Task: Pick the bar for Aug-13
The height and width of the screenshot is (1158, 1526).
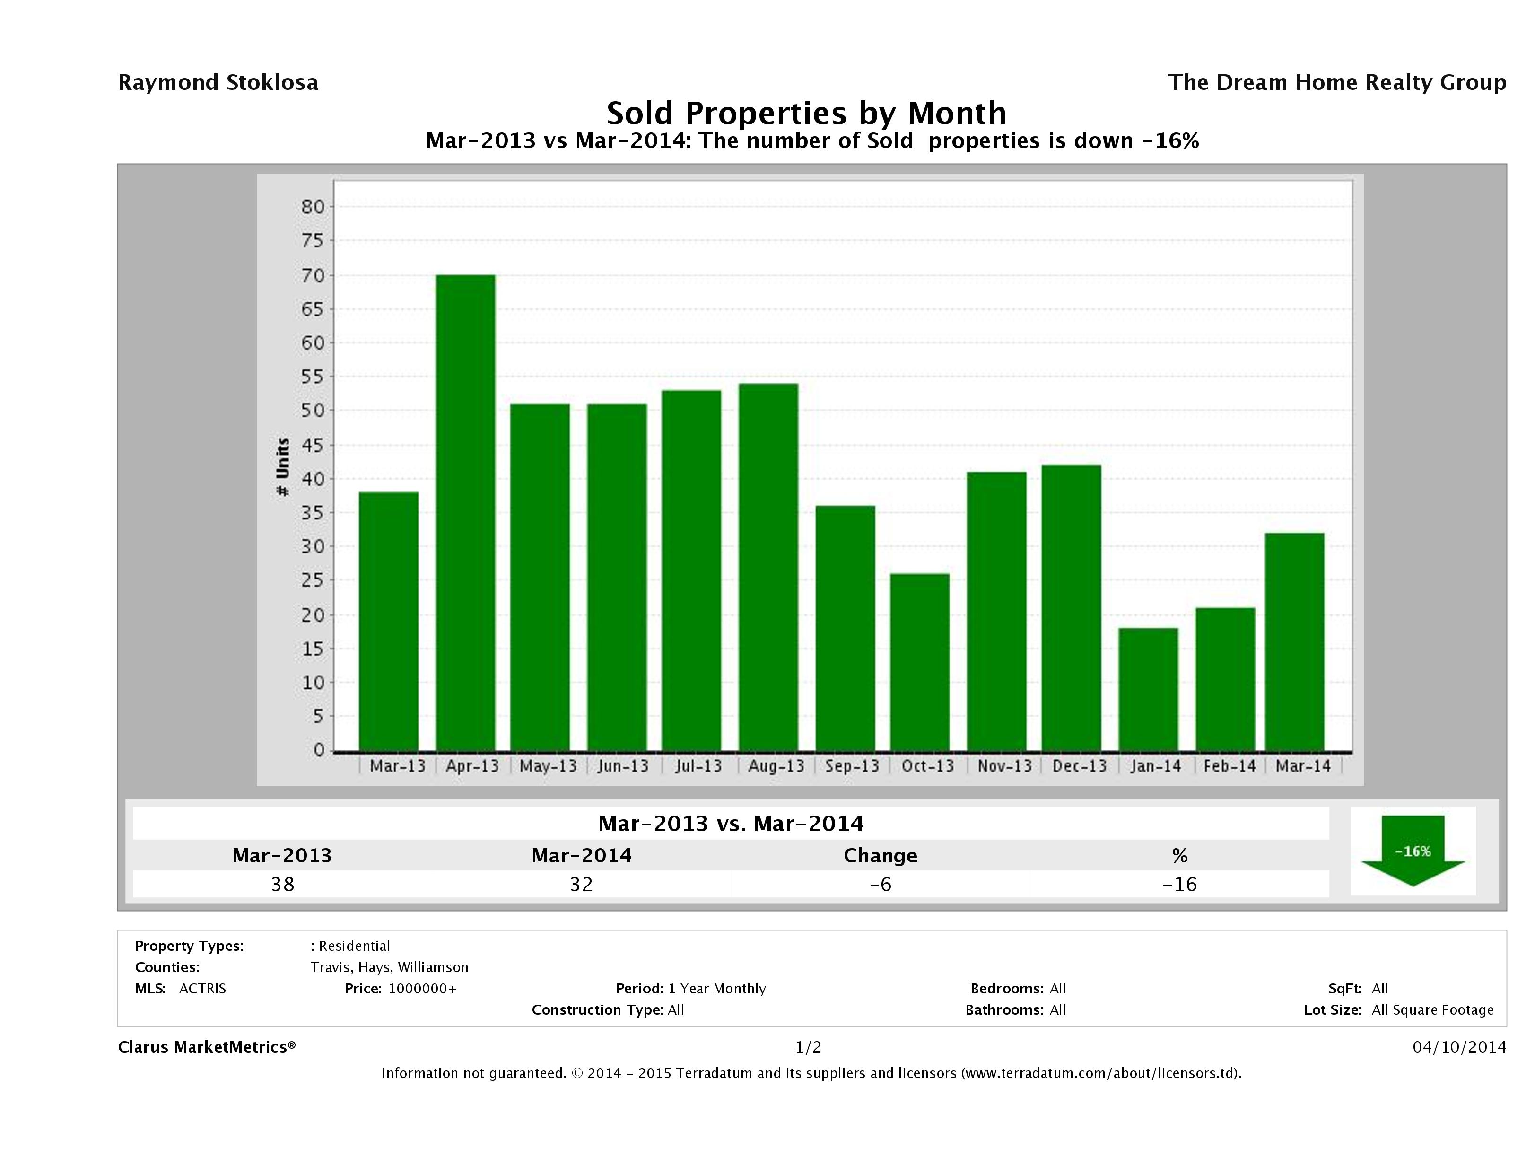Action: click(768, 567)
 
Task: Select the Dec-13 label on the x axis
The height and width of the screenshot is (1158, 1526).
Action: click(1079, 766)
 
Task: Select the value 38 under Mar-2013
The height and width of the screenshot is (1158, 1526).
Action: click(283, 884)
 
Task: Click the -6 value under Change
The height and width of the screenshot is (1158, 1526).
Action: click(881, 884)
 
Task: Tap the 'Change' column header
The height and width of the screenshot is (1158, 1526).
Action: click(881, 856)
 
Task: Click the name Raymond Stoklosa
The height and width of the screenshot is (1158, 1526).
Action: click(218, 83)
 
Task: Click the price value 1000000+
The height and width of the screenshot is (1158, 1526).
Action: click(422, 988)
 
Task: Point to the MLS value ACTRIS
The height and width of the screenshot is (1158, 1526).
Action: click(202, 988)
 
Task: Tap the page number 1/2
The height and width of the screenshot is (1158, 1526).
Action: click(808, 1047)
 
